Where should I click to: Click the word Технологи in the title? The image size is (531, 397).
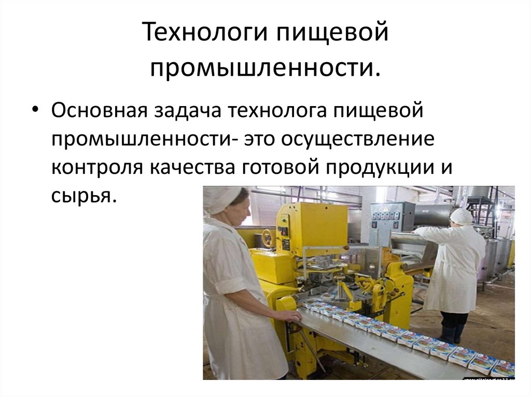(203, 33)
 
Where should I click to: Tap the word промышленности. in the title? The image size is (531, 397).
(265, 66)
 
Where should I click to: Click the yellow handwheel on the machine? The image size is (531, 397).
(268, 238)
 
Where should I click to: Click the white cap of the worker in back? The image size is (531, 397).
(461, 216)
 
